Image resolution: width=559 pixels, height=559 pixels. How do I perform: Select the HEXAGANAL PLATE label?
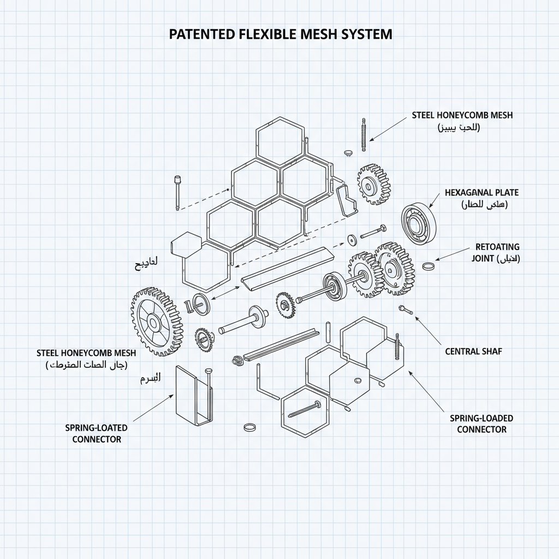tap(482, 193)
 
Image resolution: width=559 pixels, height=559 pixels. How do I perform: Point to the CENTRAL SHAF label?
tap(473, 352)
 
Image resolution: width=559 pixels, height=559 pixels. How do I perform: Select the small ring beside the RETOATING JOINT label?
tap(429, 266)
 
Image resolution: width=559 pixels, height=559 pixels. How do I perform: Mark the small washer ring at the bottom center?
tap(249, 426)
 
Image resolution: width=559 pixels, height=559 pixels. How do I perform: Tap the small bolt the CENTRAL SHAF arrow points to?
tap(405, 309)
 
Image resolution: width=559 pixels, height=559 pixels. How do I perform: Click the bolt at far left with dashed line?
tap(177, 192)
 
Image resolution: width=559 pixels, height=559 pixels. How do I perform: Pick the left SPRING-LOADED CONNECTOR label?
tap(96, 433)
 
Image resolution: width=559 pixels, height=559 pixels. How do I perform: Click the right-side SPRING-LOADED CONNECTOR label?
tap(481, 424)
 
